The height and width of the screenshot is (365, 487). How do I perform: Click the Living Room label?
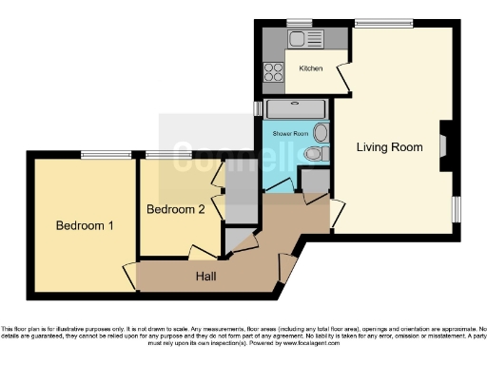click(389, 147)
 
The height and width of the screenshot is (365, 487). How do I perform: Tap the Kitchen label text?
click(311, 68)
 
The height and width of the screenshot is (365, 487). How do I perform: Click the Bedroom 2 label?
click(175, 209)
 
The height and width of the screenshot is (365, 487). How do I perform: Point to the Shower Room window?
click(257, 108)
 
